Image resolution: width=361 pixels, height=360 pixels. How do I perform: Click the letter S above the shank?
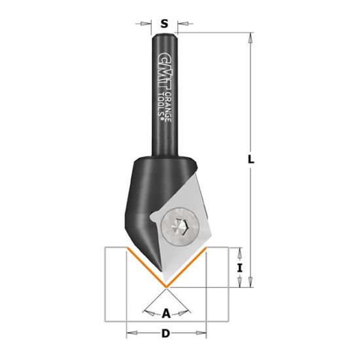(165, 24)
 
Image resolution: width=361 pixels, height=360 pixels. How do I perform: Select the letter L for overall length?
(251, 159)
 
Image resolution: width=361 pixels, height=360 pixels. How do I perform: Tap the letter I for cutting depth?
(240, 267)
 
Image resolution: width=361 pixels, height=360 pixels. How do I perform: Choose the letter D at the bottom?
(166, 334)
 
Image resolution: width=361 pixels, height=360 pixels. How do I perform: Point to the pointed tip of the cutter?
(166, 287)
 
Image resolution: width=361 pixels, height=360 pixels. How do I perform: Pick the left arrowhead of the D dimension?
(129, 334)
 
